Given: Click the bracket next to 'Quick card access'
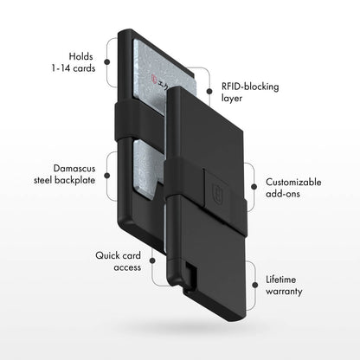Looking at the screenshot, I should coord(151,261).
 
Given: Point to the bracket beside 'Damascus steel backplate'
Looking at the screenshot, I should coord(108,172).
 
